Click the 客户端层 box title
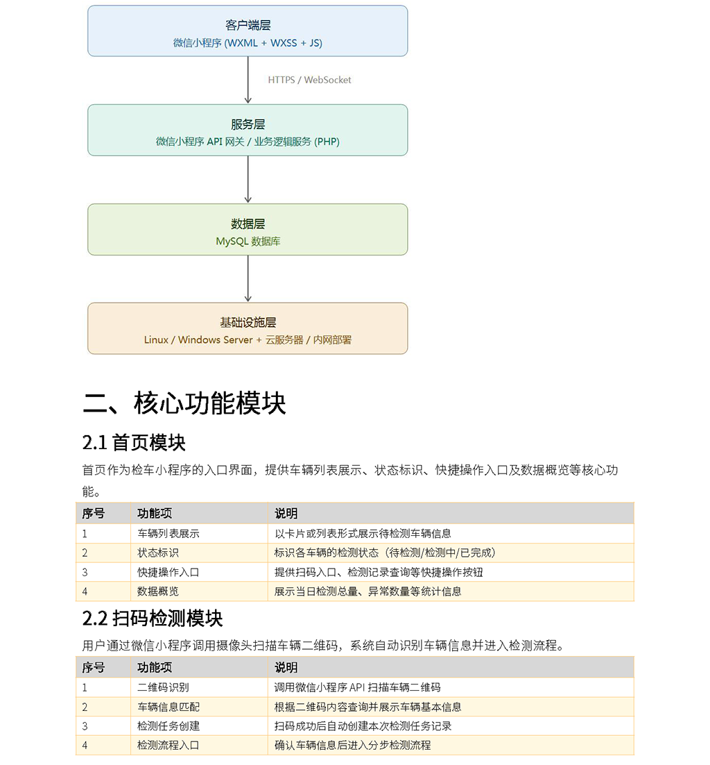[248, 26]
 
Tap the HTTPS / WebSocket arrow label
[309, 80]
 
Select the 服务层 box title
[248, 124]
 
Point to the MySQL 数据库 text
[248, 242]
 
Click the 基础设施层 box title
[248, 323]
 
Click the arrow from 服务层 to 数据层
[248, 179]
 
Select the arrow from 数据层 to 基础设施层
[248, 278]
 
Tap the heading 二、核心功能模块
[184, 403]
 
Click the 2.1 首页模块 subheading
[134, 443]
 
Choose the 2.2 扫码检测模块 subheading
[153, 619]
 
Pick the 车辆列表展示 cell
[168, 534]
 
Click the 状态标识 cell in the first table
[158, 553]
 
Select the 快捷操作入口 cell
[168, 572]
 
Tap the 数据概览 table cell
[158, 591]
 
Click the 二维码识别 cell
[163, 687]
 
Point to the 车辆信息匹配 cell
[168, 707]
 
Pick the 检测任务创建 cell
[168, 726]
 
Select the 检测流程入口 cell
[168, 745]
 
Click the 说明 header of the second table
[286, 667]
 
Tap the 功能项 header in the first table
[155, 513]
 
